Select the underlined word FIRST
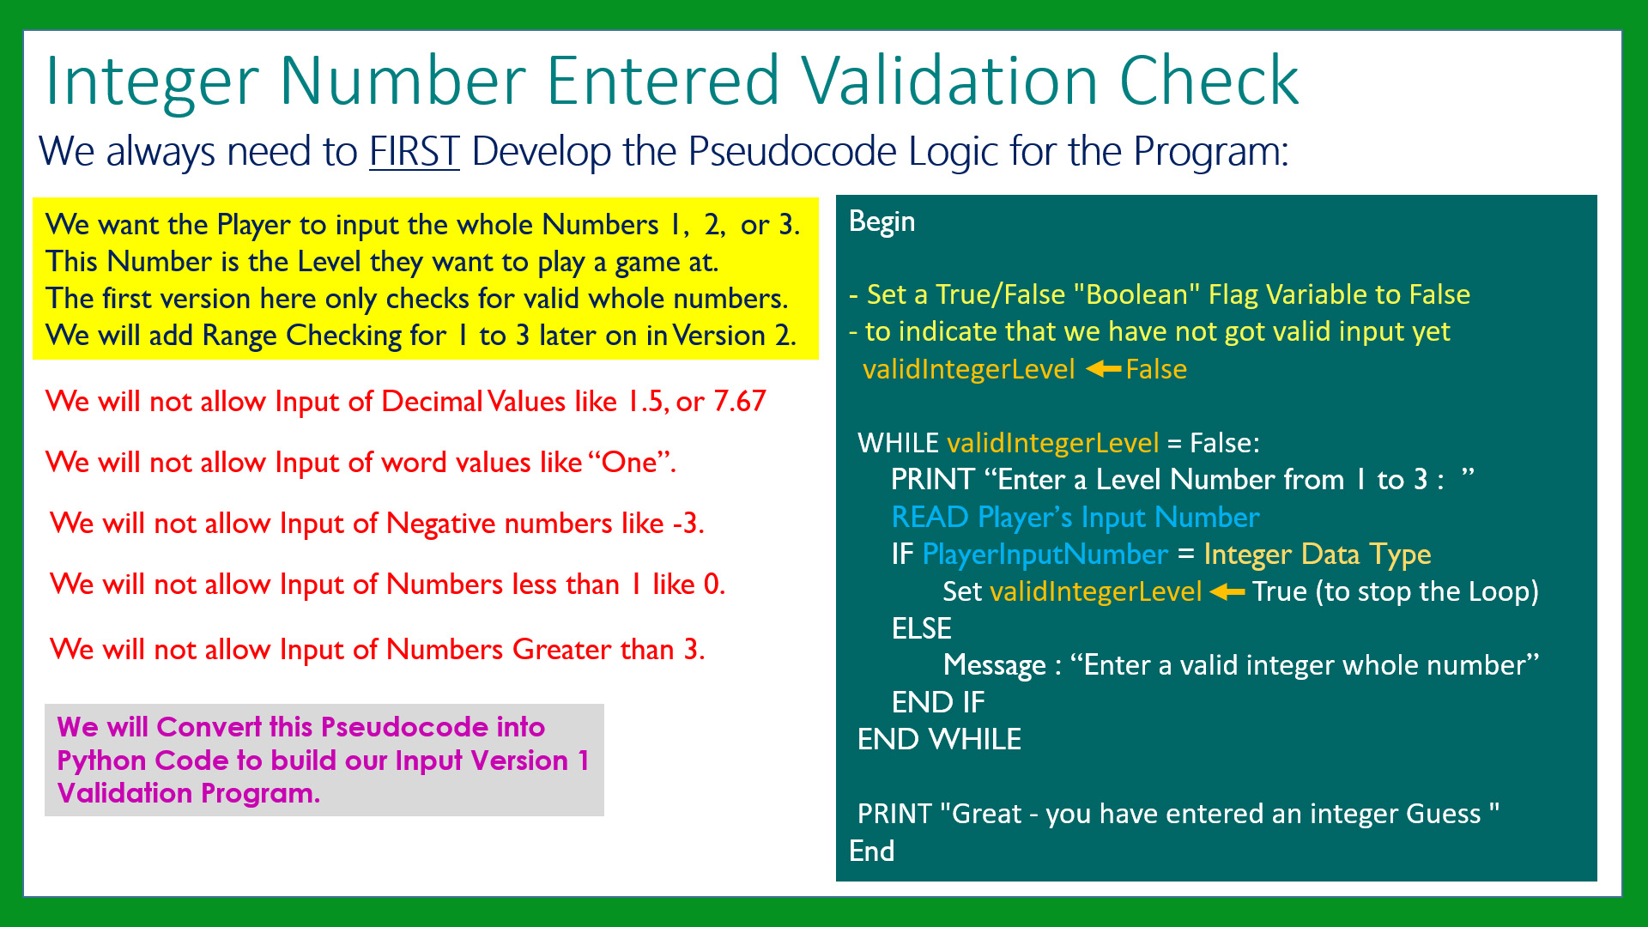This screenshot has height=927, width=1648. pyautogui.click(x=415, y=152)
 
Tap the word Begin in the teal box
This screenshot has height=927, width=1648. pyautogui.click(x=882, y=222)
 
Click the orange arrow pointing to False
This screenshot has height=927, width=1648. pyautogui.click(x=1103, y=369)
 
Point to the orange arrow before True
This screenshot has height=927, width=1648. pyautogui.click(x=1227, y=591)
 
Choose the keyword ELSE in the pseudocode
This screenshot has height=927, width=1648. pyautogui.click(x=922, y=628)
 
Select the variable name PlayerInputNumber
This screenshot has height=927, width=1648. pyautogui.click(x=1045, y=554)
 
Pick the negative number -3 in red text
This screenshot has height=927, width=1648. pyautogui.click(x=688, y=523)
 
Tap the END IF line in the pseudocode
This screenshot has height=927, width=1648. pyautogui.click(x=938, y=702)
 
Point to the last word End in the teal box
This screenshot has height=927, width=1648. pyautogui.click(x=871, y=851)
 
